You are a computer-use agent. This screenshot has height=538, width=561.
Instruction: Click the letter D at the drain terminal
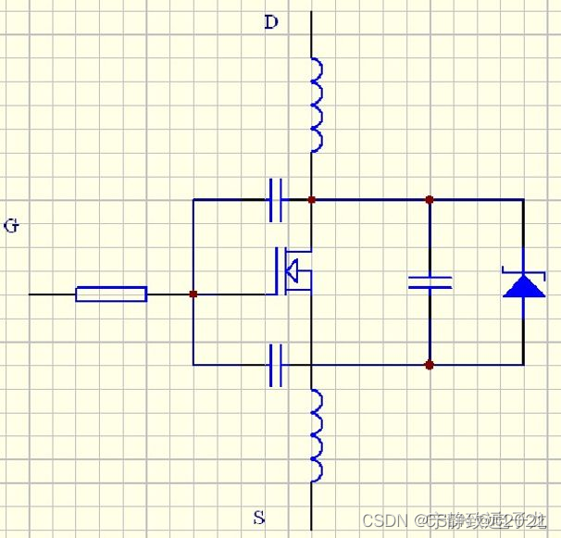coord(270,22)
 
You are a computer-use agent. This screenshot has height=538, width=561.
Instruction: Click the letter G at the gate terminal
coord(11,225)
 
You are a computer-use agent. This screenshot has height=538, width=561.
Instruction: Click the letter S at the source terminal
coord(258,516)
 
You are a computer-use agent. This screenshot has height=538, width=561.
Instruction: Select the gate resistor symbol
coord(111,294)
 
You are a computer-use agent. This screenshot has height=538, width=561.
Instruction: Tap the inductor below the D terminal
coord(314,105)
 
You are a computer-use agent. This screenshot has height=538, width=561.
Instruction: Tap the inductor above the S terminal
coord(315,435)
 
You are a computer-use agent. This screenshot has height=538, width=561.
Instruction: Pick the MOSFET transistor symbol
coord(290,271)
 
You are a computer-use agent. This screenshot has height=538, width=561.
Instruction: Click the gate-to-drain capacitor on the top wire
coord(276,199)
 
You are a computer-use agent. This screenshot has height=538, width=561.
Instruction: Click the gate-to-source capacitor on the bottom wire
coord(276,365)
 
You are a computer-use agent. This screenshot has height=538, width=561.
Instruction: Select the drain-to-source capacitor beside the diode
coord(430,282)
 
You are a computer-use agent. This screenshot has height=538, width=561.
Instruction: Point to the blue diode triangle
coord(524,284)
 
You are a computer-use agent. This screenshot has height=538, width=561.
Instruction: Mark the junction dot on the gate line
coord(193,294)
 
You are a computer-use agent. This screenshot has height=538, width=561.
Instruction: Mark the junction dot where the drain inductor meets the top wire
coord(311,199)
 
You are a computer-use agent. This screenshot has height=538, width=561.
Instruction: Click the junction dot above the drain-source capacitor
coord(430,199)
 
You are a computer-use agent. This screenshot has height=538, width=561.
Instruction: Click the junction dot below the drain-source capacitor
coord(430,365)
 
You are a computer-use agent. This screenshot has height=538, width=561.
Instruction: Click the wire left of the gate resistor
coord(52,294)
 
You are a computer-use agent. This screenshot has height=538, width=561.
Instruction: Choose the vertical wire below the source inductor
coord(311,505)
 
